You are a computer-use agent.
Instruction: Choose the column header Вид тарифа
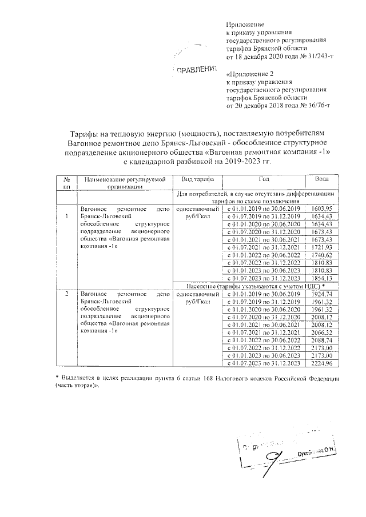[x=196, y=179]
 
